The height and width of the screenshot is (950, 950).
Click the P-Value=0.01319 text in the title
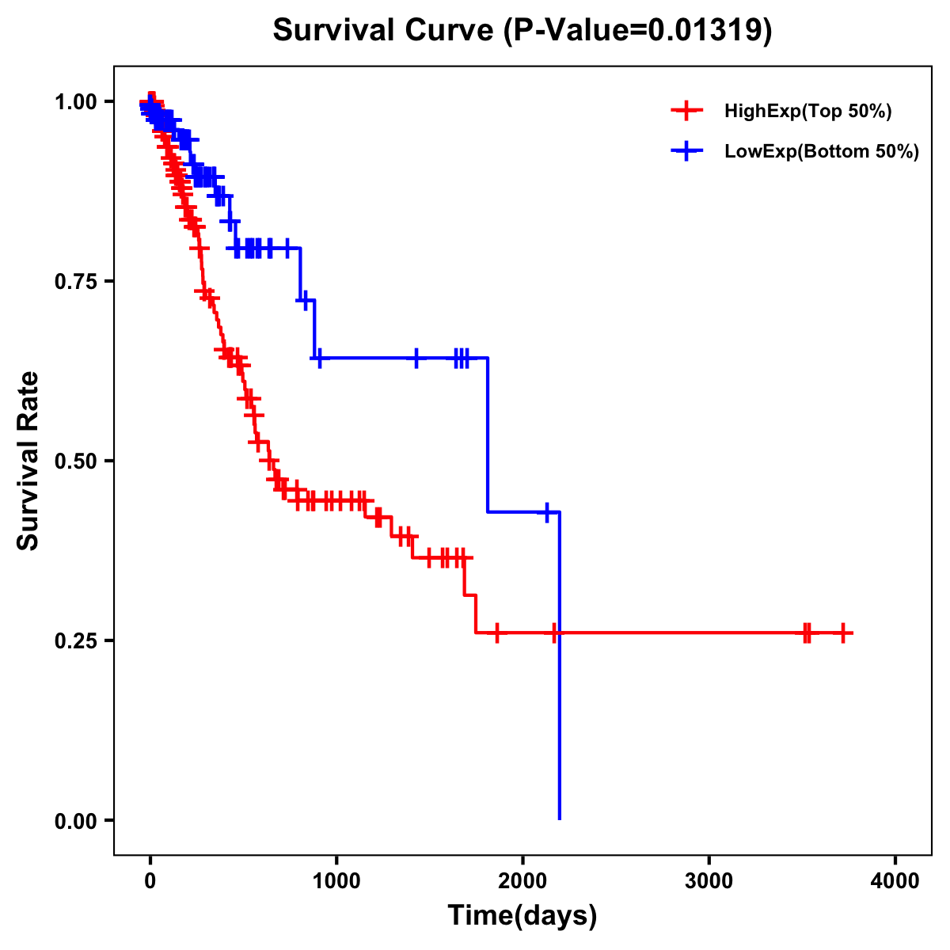638,30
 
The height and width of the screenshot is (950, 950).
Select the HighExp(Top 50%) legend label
808,111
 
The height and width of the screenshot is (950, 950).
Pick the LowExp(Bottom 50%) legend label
822,151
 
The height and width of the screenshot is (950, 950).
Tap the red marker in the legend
686,111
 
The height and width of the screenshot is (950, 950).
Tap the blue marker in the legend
686,151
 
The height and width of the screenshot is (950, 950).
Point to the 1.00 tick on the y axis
76,101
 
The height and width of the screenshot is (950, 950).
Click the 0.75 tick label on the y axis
76,281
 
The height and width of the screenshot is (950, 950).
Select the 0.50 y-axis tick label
76,461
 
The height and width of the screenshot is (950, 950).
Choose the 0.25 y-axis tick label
76,640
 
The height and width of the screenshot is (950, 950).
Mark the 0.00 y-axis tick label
76,820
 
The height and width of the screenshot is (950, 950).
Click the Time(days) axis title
522,916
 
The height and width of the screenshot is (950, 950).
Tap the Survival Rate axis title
28,461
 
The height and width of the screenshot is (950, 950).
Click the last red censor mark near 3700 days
843,633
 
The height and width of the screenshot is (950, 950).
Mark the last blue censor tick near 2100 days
546,512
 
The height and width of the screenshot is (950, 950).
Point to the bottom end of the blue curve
560,818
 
